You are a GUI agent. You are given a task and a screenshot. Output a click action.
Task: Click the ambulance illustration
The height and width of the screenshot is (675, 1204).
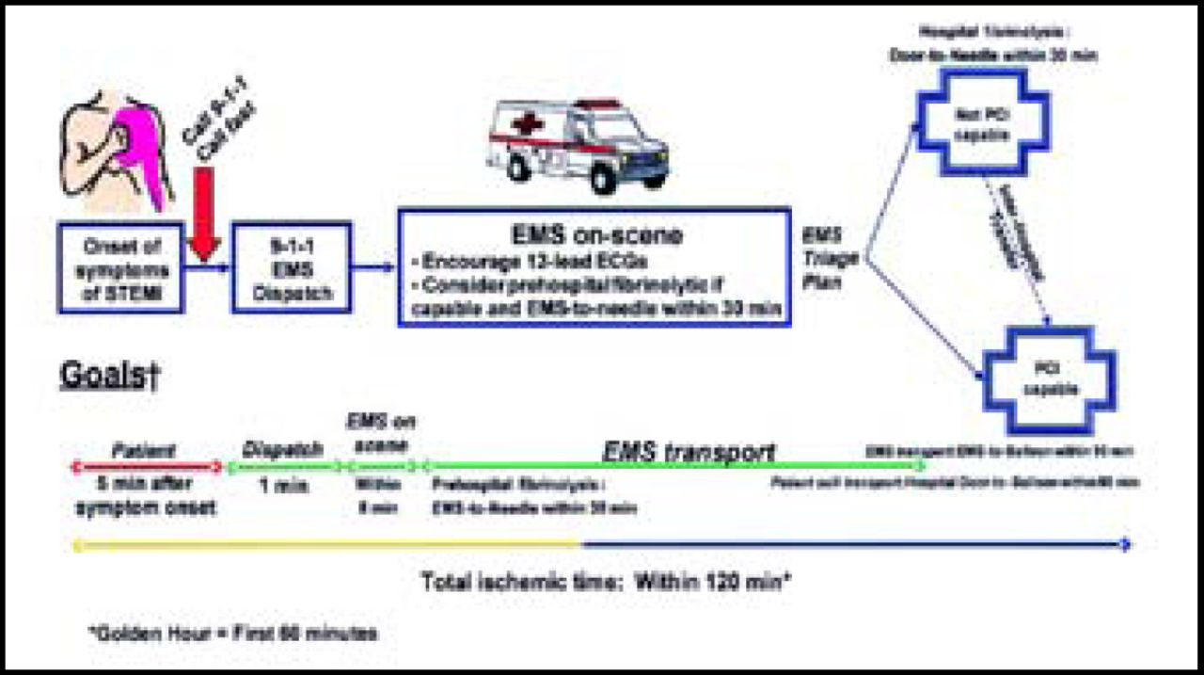(x=578, y=147)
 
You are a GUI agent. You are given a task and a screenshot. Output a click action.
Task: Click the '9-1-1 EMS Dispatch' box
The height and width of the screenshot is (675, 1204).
(x=292, y=268)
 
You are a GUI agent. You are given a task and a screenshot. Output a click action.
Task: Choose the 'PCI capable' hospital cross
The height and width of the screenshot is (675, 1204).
(x=1049, y=377)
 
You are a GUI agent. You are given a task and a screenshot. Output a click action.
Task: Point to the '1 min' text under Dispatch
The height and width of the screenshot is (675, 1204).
(x=282, y=487)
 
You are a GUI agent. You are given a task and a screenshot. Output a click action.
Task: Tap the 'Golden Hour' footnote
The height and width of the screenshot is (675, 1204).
(x=235, y=634)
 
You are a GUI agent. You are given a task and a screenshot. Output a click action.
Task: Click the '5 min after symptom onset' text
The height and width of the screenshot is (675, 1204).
(x=145, y=497)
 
